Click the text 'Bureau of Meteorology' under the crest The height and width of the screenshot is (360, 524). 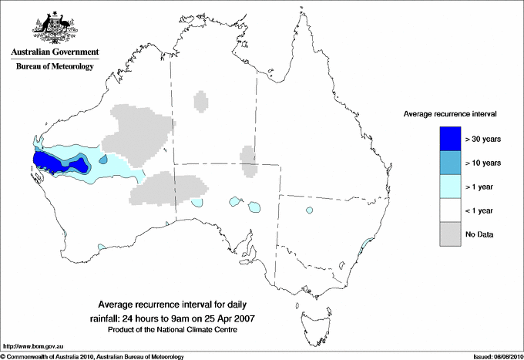coord(54,67)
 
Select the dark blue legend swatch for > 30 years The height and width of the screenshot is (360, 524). coord(449,139)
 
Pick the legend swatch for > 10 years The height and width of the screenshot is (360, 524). coord(449,163)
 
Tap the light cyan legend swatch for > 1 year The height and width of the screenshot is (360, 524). coord(449,187)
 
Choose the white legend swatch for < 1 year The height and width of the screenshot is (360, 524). coord(449,210)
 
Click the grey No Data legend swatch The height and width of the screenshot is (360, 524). coord(449,234)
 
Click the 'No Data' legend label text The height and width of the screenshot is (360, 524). coord(479,234)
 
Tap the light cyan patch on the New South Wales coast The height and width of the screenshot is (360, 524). coord(368,245)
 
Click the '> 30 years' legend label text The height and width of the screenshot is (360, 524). coord(483,139)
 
